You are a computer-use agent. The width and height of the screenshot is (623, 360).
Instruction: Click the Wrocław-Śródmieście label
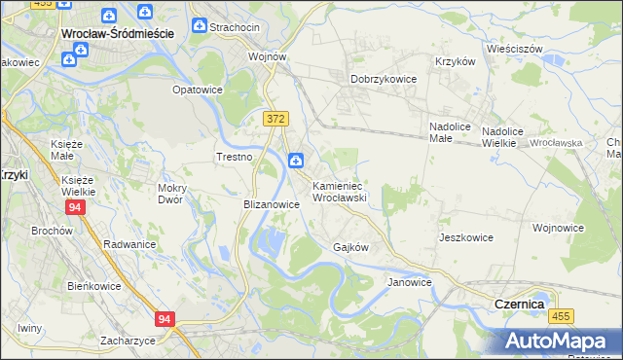click(117, 32)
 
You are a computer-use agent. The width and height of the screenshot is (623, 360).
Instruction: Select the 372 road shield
click(275, 118)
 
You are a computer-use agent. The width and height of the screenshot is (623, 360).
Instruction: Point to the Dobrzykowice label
click(384, 79)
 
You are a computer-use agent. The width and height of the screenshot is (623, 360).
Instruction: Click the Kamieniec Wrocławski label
click(338, 191)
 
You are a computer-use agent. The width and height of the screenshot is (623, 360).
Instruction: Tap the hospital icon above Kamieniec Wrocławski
click(295, 161)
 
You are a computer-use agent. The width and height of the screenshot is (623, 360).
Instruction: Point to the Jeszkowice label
click(465, 237)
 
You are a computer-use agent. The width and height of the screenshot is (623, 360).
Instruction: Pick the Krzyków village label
click(455, 60)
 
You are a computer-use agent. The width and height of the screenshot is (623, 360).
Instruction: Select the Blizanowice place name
click(271, 205)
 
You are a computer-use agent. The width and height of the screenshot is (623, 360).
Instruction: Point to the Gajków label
click(350, 247)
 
